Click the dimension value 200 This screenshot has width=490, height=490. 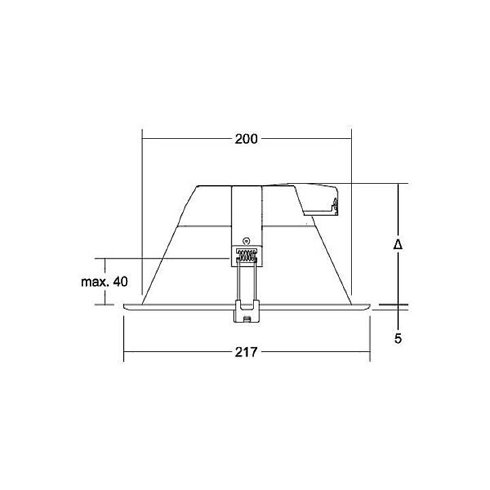tap(246, 139)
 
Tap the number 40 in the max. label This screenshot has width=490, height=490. tap(120, 282)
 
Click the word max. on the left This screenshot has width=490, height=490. tap(95, 282)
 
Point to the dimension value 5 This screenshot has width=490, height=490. tap(398, 338)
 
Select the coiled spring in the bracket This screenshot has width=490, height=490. tap(246, 257)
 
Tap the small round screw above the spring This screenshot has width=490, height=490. tap(246, 240)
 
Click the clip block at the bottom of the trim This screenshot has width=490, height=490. tap(246, 312)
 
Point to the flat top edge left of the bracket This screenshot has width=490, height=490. tap(214, 185)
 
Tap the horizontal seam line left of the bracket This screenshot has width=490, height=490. tap(204, 224)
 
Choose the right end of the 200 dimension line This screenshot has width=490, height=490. tap(350, 139)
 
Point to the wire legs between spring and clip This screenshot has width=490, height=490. tap(246, 282)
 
